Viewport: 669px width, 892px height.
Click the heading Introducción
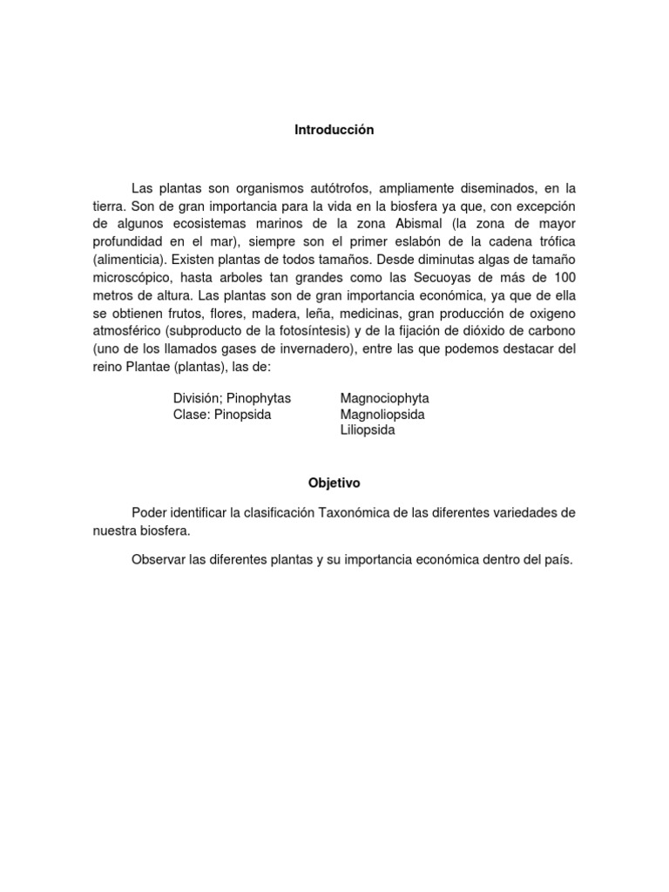333,130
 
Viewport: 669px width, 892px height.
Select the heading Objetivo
333,482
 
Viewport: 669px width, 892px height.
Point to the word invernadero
323,348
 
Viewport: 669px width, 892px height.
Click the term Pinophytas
259,398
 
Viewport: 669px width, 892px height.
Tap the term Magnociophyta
384,398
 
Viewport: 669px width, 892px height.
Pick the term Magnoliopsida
382,415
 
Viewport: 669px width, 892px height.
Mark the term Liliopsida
368,430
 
